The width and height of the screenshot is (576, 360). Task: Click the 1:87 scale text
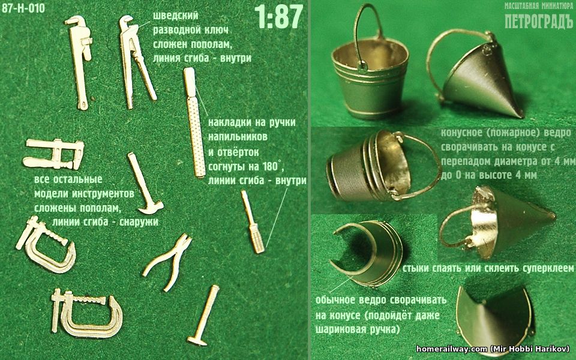coord(279,17)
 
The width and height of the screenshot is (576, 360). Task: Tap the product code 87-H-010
coord(23,8)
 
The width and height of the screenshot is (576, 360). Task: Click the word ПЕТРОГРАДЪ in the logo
coord(539,22)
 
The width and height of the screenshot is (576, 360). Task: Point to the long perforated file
coord(194,122)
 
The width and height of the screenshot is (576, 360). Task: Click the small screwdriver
coord(253,221)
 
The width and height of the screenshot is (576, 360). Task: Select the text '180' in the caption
coord(272,166)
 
